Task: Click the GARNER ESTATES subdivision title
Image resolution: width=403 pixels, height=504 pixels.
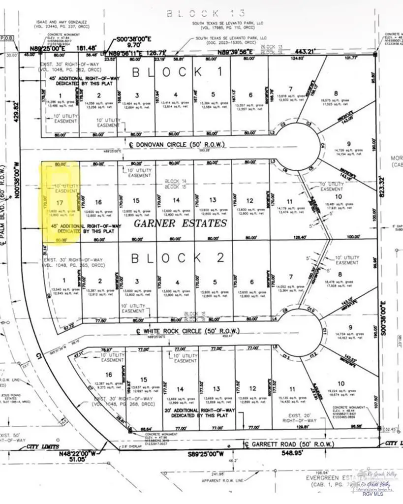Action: pos(181,224)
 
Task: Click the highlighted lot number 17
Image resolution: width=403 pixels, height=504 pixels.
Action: pos(60,202)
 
